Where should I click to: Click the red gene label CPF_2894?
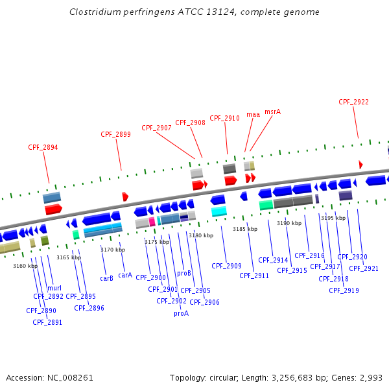tap(43, 147)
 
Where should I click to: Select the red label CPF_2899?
tap(115, 134)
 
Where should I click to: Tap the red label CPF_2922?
tap(353, 102)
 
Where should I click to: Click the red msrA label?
tap(272, 112)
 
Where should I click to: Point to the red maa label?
tap(253, 114)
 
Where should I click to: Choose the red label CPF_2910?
tap(224, 118)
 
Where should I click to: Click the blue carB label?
tap(107, 278)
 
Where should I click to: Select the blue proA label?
tap(181, 313)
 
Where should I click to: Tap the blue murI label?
tap(54, 288)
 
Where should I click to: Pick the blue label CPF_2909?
tap(226, 266)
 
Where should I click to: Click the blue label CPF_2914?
tap(273, 260)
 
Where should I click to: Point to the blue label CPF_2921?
tap(364, 268)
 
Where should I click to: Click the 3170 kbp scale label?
tap(113, 249)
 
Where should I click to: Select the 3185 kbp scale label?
tap(245, 229)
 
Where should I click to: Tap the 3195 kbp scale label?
tap(333, 218)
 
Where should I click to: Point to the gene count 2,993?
tap(371, 377)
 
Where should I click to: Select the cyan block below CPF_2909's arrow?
tap(219, 211)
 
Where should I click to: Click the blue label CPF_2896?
tap(89, 308)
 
